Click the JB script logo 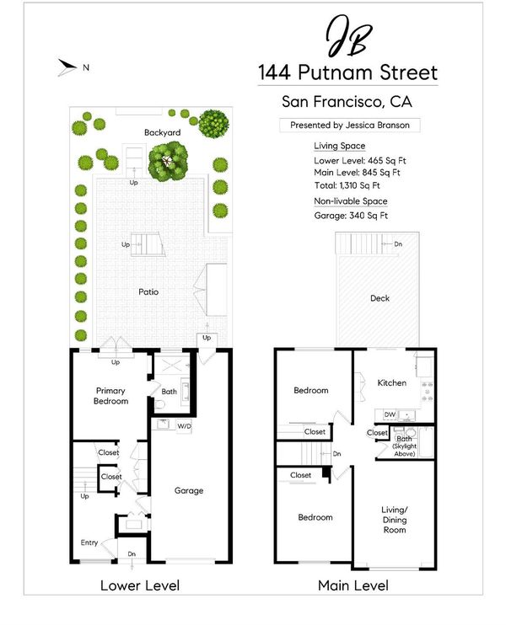(x=349, y=36)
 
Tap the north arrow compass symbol (x=67, y=67)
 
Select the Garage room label (x=189, y=490)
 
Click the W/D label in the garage (x=184, y=426)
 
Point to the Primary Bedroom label (x=110, y=396)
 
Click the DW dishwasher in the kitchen (x=390, y=414)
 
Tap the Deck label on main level (x=379, y=298)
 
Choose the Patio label (x=148, y=291)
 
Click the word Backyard (x=163, y=132)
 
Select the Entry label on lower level (x=89, y=542)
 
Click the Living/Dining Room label (x=395, y=520)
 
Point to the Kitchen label (x=392, y=382)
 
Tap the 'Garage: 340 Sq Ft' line (x=351, y=216)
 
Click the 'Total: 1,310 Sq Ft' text (x=347, y=185)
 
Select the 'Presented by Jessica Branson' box (x=350, y=126)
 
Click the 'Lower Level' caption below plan (x=140, y=585)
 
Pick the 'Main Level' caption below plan (x=353, y=585)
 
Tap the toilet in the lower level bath (x=159, y=405)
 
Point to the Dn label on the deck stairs (x=398, y=244)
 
